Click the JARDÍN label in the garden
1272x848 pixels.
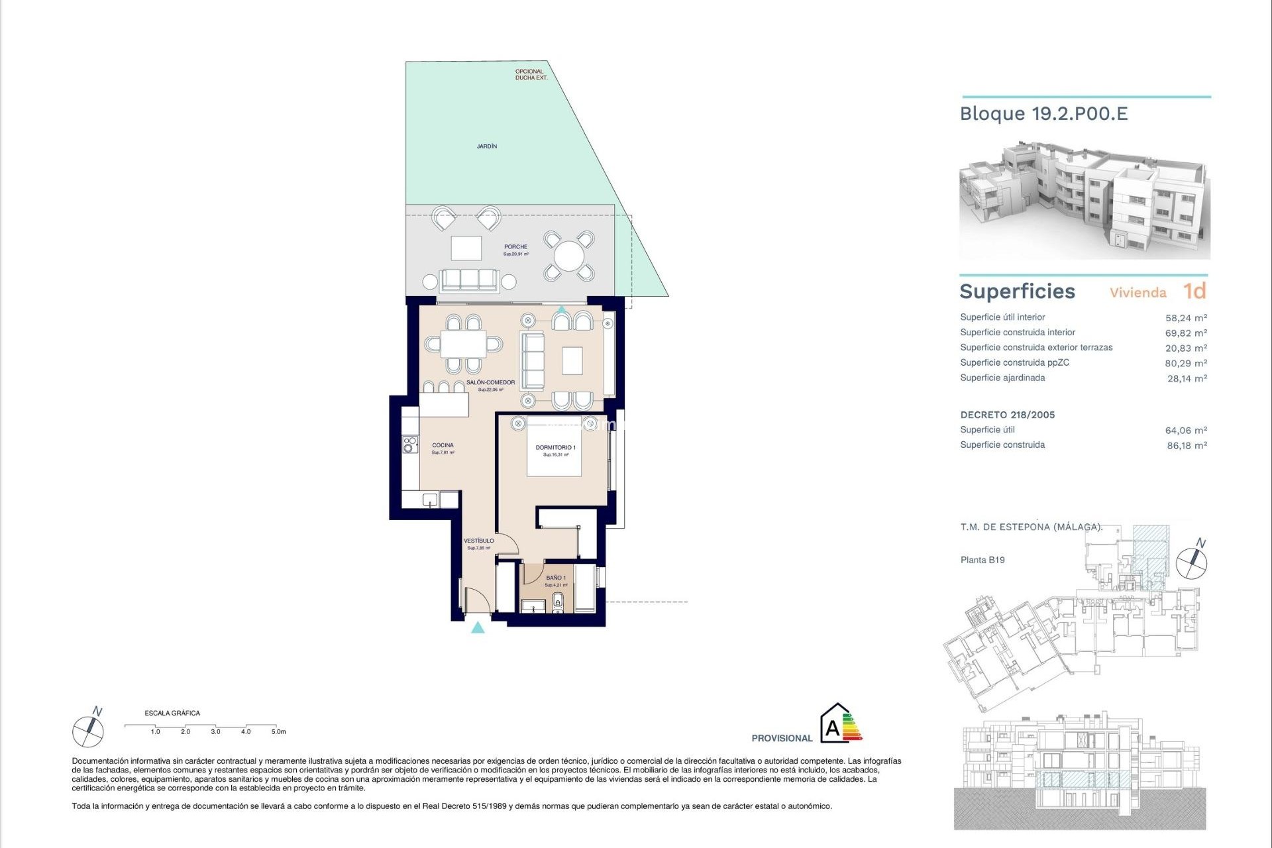(x=487, y=146)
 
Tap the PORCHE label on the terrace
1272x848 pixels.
(x=515, y=247)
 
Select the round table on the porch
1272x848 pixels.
(x=568, y=256)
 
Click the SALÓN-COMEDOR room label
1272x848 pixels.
(x=490, y=383)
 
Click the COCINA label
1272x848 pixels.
(x=443, y=445)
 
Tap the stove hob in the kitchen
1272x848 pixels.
(x=410, y=444)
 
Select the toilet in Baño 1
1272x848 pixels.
(x=557, y=602)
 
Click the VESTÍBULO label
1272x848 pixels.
(x=478, y=541)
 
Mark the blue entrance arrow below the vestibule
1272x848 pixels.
(x=478, y=627)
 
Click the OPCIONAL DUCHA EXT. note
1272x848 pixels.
(x=531, y=75)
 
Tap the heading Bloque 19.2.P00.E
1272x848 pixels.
(x=1043, y=114)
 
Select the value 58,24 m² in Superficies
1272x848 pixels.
(x=1186, y=318)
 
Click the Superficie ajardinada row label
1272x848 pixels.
(x=1002, y=378)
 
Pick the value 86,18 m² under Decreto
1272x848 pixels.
(x=1187, y=446)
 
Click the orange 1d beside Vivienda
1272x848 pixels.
(x=1194, y=291)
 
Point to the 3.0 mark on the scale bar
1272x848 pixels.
(x=215, y=732)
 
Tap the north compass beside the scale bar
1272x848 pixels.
(x=88, y=730)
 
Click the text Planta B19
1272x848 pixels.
(x=982, y=560)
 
